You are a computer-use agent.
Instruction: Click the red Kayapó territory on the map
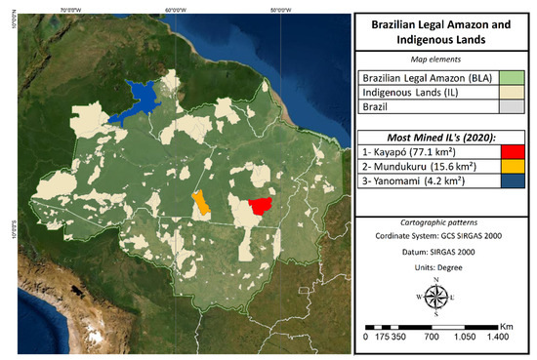coord(260,206)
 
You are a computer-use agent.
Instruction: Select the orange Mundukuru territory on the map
coord(201,203)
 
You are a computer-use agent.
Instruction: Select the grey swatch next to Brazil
coord(515,107)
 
